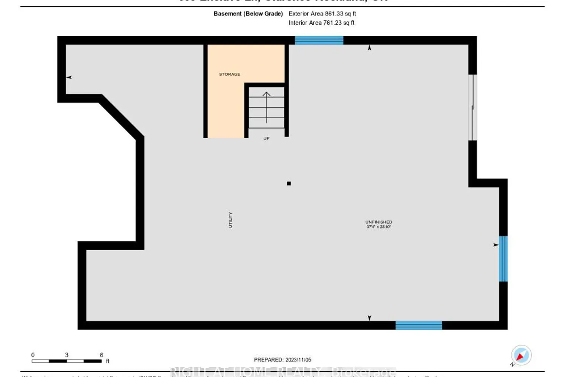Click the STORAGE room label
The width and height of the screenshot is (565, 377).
click(x=229, y=74)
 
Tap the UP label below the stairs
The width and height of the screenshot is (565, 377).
click(x=266, y=138)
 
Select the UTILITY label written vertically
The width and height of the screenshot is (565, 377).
click(x=230, y=220)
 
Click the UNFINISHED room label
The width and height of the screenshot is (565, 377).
click(x=379, y=222)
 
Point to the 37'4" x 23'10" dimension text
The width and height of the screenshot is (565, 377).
click(x=379, y=227)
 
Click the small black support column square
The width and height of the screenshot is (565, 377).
click(x=289, y=184)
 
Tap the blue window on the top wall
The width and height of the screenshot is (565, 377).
click(x=319, y=40)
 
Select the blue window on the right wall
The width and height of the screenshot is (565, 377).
click(x=503, y=259)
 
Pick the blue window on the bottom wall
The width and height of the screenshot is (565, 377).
click(x=418, y=325)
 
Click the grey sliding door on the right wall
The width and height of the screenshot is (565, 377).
click(x=472, y=107)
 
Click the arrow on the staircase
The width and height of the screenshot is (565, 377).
click(x=266, y=107)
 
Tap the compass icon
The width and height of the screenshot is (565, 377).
click(x=521, y=355)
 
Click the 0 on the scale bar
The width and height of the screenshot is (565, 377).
click(x=33, y=355)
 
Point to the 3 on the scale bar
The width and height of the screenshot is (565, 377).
click(x=67, y=355)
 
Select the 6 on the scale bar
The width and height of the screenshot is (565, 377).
click(x=101, y=355)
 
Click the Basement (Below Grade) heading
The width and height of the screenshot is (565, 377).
click(x=248, y=14)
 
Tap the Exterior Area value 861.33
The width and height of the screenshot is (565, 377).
click(x=334, y=14)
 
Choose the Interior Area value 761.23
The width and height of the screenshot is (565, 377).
click(x=332, y=23)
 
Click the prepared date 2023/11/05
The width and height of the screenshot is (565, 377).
click(x=298, y=360)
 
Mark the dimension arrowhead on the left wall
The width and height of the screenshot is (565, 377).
click(x=69, y=77)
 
